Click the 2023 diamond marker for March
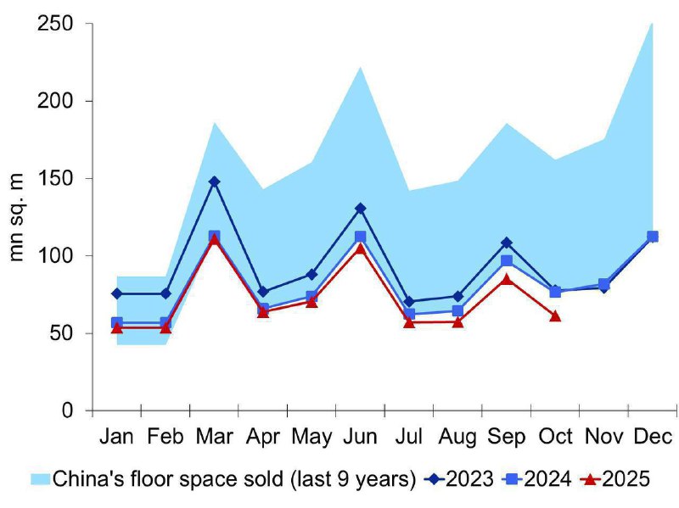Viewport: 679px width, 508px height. point(214,181)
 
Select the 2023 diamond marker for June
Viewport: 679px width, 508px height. point(360,208)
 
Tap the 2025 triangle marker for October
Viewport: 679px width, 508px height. point(555,315)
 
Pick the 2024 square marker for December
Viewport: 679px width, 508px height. point(653,237)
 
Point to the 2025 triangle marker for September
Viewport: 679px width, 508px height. point(507,278)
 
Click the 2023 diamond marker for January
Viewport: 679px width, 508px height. point(116,293)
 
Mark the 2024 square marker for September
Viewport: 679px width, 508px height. point(507,260)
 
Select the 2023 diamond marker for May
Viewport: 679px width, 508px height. point(311,274)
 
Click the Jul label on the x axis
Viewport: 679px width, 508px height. point(410,437)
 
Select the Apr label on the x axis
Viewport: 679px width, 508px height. point(263,437)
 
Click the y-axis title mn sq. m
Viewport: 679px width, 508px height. point(19,216)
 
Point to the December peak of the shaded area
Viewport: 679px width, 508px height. point(652,24)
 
